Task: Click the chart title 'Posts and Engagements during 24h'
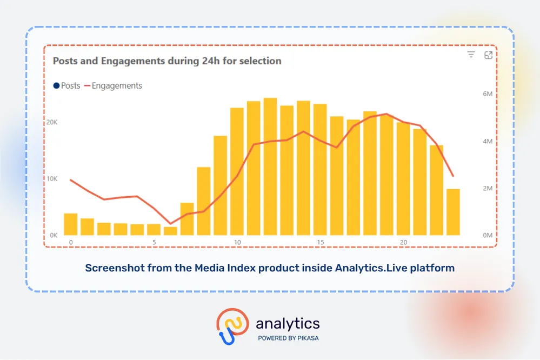tap(167, 61)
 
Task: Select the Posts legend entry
tap(67, 86)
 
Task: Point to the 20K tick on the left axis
tap(52, 122)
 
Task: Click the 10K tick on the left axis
tap(52, 179)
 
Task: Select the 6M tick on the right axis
tap(487, 94)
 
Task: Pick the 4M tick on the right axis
tap(487, 142)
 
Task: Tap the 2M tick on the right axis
tap(487, 189)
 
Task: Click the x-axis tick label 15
tap(320, 243)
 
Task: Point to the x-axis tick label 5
tap(154, 243)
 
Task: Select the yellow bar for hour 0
tap(71, 224)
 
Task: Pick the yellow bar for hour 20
tap(403, 179)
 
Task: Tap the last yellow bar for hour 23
tap(453, 212)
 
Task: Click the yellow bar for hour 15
tap(320, 170)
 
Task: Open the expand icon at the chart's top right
tap(488, 55)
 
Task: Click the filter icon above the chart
tap(471, 55)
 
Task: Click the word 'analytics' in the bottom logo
tap(288, 324)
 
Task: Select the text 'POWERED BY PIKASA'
tap(288, 338)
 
